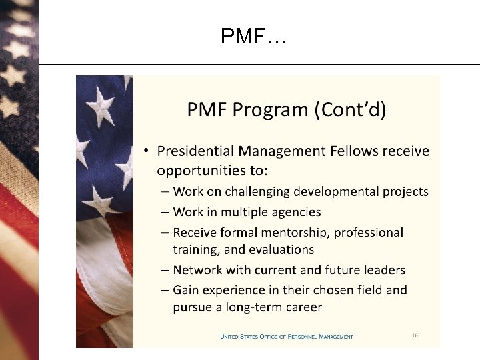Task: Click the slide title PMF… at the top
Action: pyautogui.click(x=253, y=36)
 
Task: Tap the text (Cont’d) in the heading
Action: pyautogui.click(x=350, y=109)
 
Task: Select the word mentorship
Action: pyautogui.click(x=298, y=233)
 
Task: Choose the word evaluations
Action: pyautogui.click(x=280, y=250)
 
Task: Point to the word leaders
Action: pyautogui.click(x=383, y=270)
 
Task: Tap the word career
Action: pyautogui.click(x=303, y=308)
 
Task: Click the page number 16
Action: pyautogui.click(x=414, y=336)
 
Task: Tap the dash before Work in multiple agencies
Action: pyautogui.click(x=165, y=212)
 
